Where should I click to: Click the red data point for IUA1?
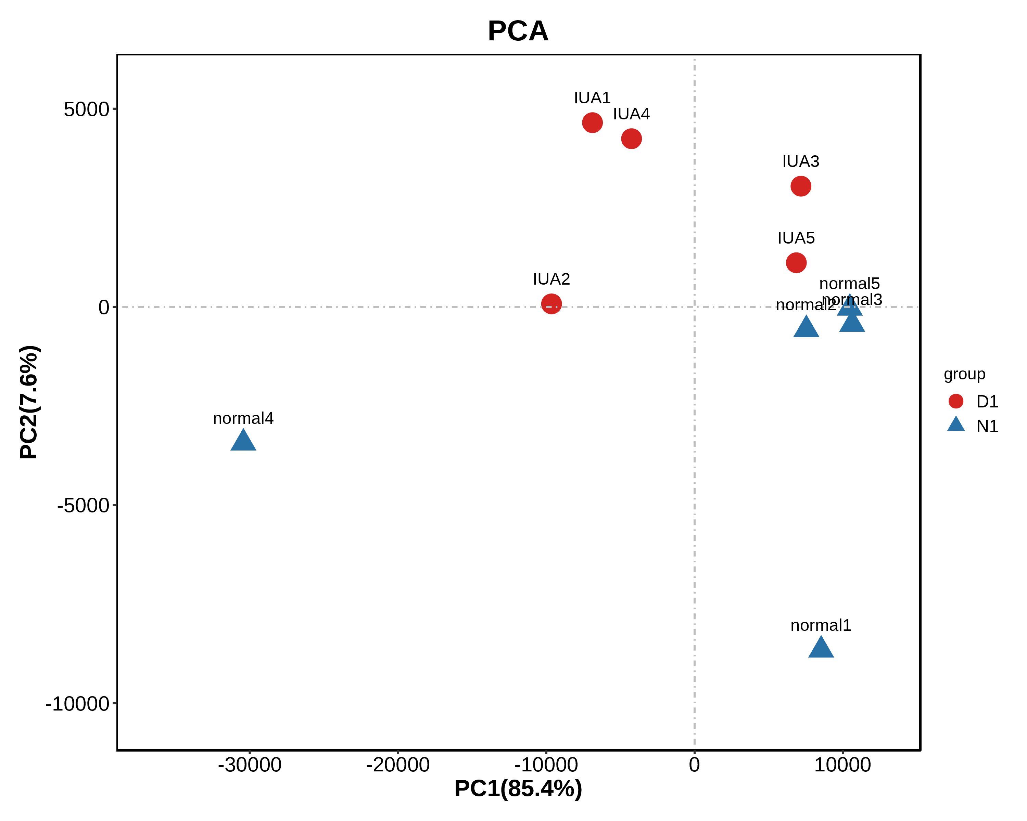(x=592, y=123)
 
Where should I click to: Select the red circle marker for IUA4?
(x=631, y=139)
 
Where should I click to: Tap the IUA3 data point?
(x=801, y=186)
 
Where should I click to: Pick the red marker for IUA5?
(x=796, y=262)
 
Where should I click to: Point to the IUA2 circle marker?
(x=551, y=304)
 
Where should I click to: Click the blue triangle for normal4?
(x=243, y=442)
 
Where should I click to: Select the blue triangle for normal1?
(x=821, y=648)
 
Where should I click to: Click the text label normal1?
(x=821, y=625)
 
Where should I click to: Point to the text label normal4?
(x=243, y=418)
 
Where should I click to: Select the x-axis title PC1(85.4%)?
(x=518, y=788)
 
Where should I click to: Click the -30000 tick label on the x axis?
(x=250, y=765)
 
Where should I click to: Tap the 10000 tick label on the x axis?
(x=842, y=765)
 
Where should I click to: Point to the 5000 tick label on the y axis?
(x=87, y=109)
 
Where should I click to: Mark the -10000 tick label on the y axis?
(x=78, y=703)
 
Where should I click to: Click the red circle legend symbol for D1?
(x=955, y=401)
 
